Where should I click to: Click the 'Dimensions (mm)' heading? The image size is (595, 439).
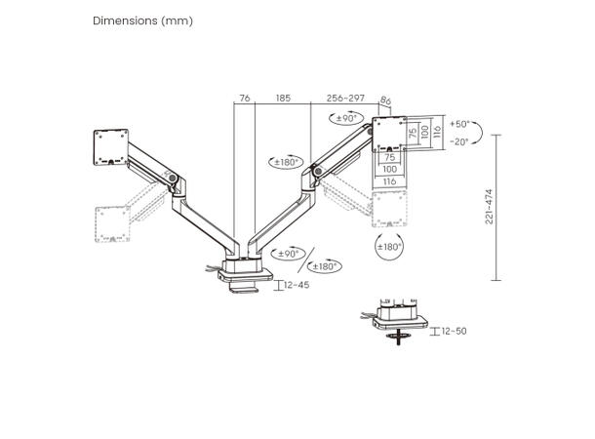click(142, 20)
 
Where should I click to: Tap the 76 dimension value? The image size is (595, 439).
click(244, 99)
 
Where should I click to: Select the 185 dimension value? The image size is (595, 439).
click(283, 99)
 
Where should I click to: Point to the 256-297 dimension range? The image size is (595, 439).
click(345, 99)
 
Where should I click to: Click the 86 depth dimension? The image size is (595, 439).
click(385, 100)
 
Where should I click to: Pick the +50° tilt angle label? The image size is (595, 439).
click(459, 124)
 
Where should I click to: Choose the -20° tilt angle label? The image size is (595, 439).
click(459, 141)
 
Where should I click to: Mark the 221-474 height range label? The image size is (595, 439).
click(490, 206)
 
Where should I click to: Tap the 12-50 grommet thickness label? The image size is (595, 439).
click(453, 332)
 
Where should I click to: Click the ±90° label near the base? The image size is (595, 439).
click(290, 253)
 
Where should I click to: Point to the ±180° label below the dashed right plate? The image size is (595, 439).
click(388, 247)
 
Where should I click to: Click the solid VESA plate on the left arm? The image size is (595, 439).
click(106, 149)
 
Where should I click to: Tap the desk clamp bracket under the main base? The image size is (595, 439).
click(241, 286)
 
